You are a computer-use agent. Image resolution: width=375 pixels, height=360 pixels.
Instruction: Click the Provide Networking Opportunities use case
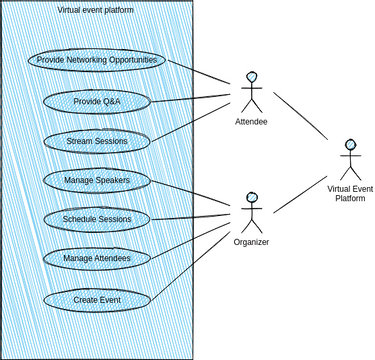click(x=97, y=60)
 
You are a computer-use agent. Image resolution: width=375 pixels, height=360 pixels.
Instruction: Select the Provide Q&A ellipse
click(x=97, y=101)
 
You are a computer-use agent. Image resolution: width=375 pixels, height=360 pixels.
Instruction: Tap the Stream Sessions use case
click(x=97, y=141)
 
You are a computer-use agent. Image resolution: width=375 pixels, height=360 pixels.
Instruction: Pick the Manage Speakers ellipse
click(x=97, y=180)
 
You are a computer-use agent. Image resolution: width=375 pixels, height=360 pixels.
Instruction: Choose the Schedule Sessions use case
click(x=97, y=218)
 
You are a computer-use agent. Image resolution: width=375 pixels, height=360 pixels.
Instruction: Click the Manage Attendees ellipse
click(x=97, y=258)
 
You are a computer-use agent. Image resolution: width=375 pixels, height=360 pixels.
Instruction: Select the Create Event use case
click(x=97, y=298)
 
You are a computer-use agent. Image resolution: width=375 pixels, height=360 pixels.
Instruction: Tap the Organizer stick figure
click(x=251, y=212)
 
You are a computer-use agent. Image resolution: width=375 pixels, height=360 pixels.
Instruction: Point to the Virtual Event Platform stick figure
click(x=350, y=159)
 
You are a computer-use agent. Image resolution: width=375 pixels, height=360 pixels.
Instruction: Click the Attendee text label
click(x=251, y=122)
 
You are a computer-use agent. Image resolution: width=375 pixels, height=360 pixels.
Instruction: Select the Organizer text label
click(x=251, y=242)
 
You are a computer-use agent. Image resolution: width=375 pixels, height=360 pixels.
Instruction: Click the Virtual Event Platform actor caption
click(x=350, y=192)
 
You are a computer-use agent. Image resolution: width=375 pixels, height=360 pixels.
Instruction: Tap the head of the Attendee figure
click(x=252, y=77)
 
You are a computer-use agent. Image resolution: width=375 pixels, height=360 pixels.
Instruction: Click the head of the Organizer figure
click(x=252, y=197)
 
